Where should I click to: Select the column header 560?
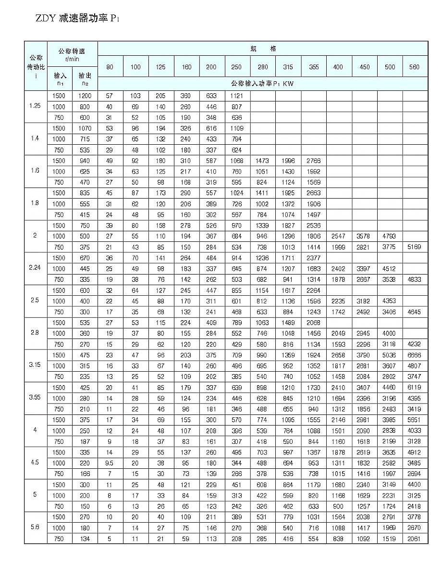[415, 67]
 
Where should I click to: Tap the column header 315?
[288, 67]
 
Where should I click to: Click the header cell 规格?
[263, 49]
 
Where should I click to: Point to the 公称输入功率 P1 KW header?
[262, 83]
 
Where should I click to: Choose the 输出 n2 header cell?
[85, 78]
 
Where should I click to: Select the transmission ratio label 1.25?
[36, 106]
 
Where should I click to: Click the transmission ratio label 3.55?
[36, 398]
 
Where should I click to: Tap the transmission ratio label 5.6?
[36, 528]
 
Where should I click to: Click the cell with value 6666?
[414, 355]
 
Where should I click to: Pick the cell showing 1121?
[236, 96]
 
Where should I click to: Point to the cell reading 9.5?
[110, 464]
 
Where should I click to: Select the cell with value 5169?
[414, 247]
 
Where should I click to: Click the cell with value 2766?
[314, 161]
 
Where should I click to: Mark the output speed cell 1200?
[85, 96]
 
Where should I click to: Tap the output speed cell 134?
[85, 539]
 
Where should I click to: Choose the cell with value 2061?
[414, 539]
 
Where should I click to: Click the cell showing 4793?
[390, 236]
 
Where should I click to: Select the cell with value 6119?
[414, 388]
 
